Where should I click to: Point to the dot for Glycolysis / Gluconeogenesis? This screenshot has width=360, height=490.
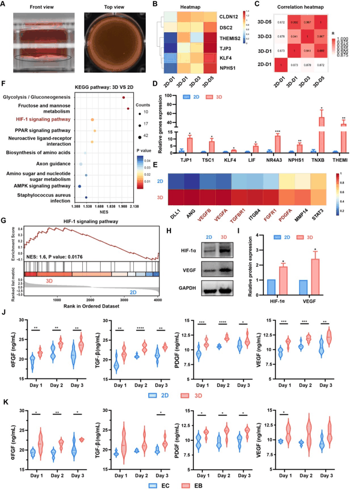(124, 97)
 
